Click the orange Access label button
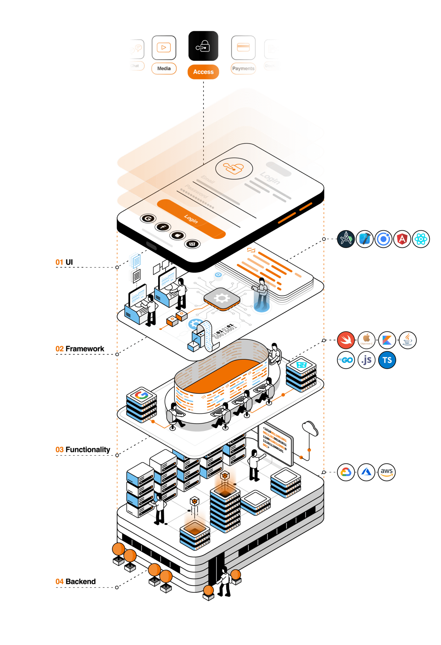[x=203, y=72]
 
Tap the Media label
[x=164, y=68]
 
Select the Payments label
[x=243, y=68]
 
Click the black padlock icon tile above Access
[x=203, y=46]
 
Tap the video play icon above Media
[x=164, y=48]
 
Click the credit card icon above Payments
[x=243, y=48]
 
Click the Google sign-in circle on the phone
[x=148, y=218]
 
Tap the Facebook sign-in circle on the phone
[x=163, y=227]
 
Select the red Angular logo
[x=402, y=239]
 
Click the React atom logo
[x=421, y=239]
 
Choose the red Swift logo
[x=346, y=340]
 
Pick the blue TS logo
[x=387, y=360]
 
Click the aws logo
[x=387, y=472]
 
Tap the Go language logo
[x=346, y=360]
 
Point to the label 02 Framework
[x=80, y=349]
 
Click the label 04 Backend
[x=76, y=581]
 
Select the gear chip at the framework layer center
[x=222, y=298]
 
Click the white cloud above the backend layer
[x=310, y=428]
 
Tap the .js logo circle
[x=367, y=360]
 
